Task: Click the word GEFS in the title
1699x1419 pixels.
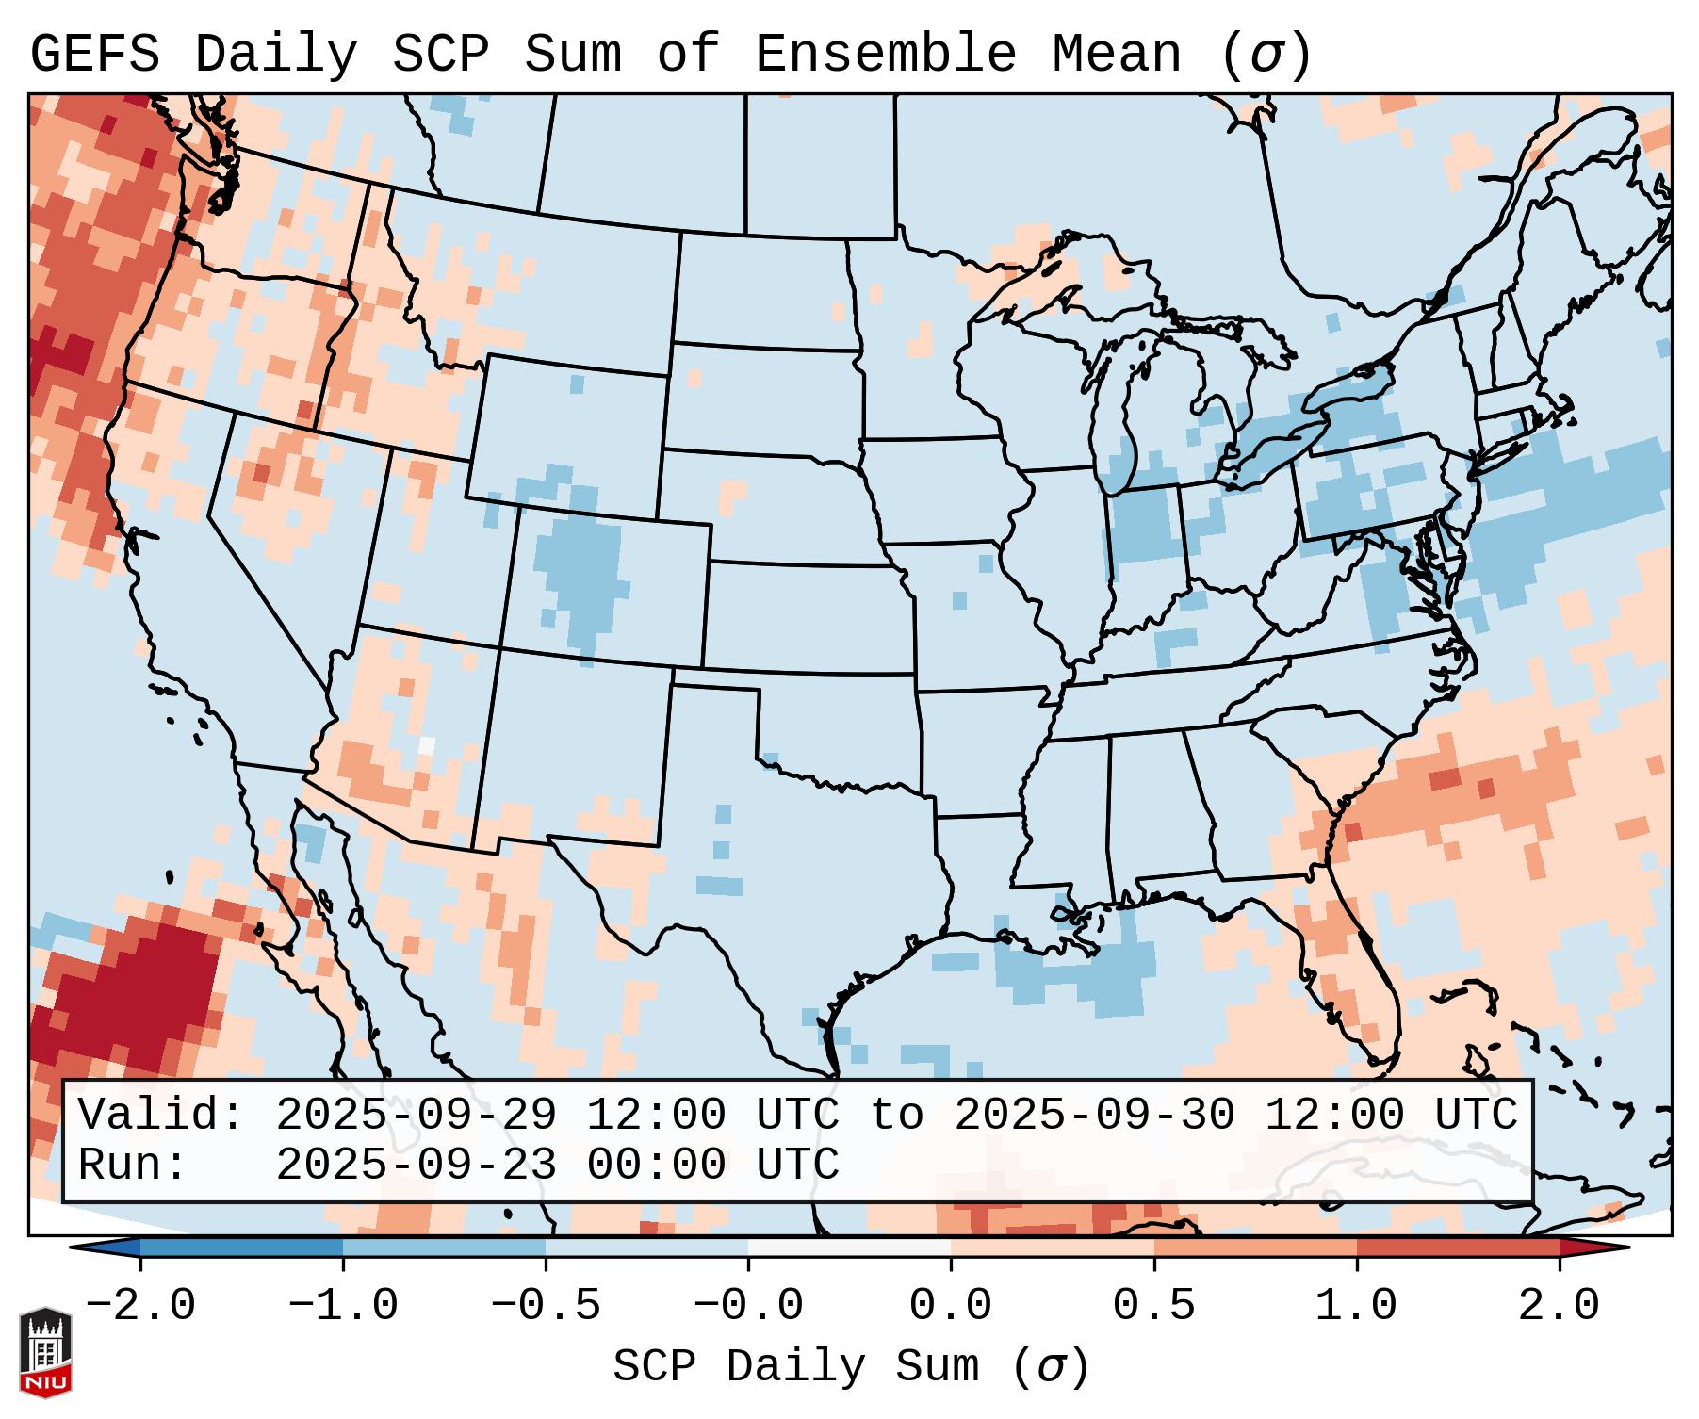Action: tap(94, 54)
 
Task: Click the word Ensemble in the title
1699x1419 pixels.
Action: tap(885, 54)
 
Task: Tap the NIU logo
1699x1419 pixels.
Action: tap(45, 1351)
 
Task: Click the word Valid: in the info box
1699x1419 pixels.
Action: tap(161, 1116)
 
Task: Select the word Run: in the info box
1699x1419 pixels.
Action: tap(133, 1166)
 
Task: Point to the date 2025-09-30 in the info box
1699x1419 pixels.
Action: tap(1094, 1116)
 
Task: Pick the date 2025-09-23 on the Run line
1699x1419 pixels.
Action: tap(416, 1166)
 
